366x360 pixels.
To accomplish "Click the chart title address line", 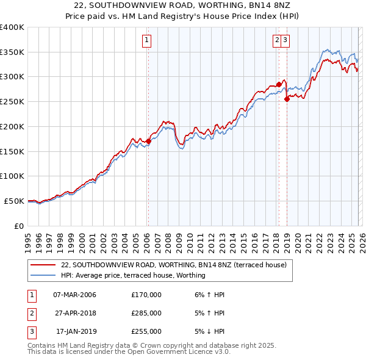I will pos(183,5).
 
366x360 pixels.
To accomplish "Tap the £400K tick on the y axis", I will pos(12,27).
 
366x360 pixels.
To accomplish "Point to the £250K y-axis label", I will pos(12,102).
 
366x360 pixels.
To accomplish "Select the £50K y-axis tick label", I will pos(14,201).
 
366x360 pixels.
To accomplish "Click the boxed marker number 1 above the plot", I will pos(148,41).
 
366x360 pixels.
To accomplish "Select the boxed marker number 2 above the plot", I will pos(278,41).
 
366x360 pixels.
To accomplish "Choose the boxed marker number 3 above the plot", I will pos(285,41).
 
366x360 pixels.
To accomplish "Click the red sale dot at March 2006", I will pos(148,142).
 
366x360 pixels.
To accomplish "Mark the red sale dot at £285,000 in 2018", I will pos(279,84).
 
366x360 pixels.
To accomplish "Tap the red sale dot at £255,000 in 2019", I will pos(287,99).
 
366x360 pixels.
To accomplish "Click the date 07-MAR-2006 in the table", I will pos(74,295).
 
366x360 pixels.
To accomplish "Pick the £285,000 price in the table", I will pos(146,313).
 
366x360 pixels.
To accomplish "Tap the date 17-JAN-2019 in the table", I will pos(74,331).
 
